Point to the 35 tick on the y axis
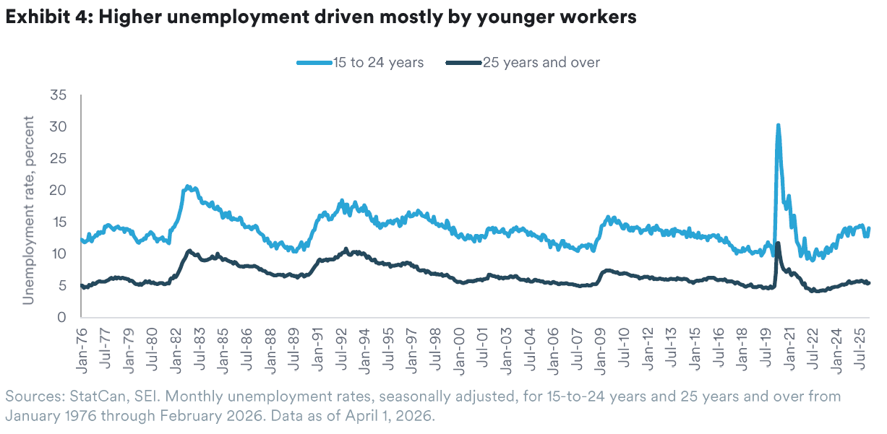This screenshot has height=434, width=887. click(59, 95)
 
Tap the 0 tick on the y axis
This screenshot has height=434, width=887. click(64, 317)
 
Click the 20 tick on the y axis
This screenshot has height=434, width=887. click(59, 190)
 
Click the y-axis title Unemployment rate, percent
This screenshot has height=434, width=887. click(29, 207)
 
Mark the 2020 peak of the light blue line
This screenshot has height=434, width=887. click(778, 125)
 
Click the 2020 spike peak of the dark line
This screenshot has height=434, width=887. click(778, 243)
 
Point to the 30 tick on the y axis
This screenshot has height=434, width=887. click(59, 126)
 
